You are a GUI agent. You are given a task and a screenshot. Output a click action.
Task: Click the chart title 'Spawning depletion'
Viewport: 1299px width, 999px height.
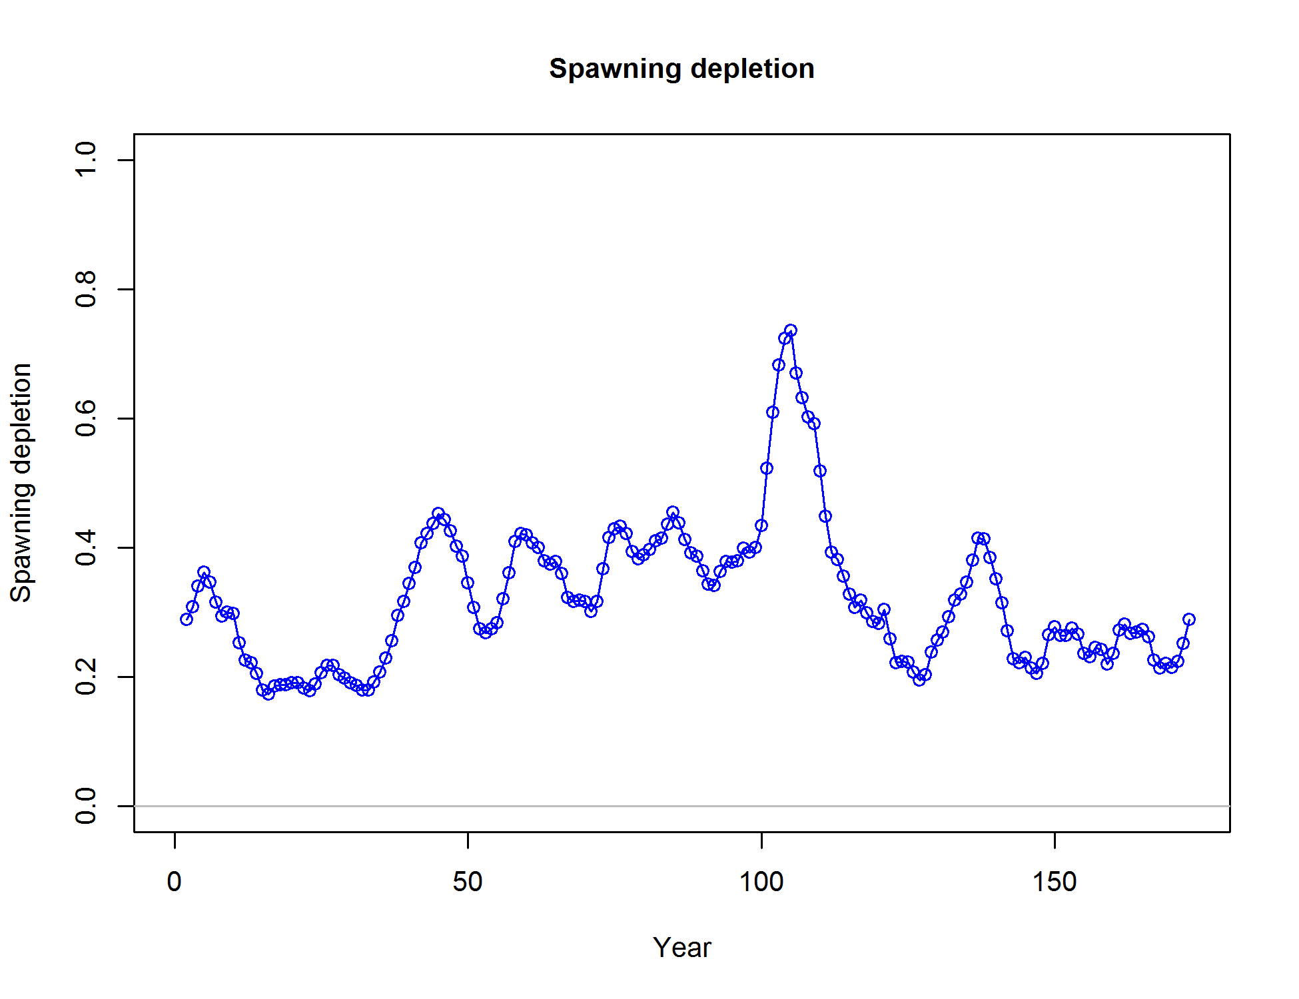[x=681, y=69]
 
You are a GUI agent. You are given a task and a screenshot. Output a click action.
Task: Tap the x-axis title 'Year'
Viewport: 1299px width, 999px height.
[x=681, y=947]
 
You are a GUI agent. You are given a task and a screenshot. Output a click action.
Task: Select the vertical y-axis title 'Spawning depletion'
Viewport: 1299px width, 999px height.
[x=21, y=483]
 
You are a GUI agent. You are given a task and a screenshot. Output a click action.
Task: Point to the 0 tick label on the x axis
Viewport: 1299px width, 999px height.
[x=175, y=882]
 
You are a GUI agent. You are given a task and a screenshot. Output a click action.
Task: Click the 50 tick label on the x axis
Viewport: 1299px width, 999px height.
[x=468, y=882]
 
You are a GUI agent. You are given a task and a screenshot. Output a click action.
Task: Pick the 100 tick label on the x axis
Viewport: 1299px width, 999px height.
[x=761, y=882]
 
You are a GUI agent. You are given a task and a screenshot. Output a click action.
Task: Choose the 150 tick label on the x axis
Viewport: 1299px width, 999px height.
[x=1055, y=882]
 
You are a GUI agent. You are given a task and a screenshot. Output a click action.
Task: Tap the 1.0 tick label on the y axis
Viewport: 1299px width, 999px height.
[x=87, y=160]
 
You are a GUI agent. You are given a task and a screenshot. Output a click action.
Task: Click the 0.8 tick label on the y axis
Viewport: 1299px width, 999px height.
[x=87, y=289]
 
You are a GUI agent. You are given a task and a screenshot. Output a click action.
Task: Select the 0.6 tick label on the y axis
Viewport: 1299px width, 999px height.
[x=87, y=418]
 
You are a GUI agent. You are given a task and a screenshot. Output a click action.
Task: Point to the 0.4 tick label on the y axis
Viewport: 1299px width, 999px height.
[x=87, y=547]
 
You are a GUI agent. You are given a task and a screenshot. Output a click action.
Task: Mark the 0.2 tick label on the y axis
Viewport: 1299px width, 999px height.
[x=87, y=677]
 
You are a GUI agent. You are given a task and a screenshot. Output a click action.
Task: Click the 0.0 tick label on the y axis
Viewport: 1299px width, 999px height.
[x=87, y=806]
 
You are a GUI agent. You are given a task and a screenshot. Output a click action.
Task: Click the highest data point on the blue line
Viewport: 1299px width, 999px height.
[x=791, y=330]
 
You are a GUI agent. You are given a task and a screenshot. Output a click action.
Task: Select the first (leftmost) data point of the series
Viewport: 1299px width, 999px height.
[x=187, y=619]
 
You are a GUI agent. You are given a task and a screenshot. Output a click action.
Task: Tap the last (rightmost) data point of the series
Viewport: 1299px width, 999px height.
[x=1189, y=619]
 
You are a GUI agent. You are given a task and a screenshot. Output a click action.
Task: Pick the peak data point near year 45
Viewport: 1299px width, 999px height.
[x=438, y=513]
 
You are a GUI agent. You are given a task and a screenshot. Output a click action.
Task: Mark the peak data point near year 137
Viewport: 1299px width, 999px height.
[x=978, y=538]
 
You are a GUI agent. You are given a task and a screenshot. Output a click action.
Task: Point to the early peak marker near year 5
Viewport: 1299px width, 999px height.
[x=204, y=572]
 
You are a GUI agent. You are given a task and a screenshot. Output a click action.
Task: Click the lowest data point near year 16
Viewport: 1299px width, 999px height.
[x=268, y=693]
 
